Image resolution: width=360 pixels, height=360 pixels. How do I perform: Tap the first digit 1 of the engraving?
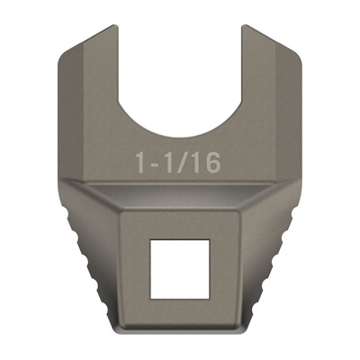(x=141, y=163)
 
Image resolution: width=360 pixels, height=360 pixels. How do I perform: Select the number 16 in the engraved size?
(x=208, y=163)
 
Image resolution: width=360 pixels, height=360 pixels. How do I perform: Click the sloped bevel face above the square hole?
(x=179, y=198)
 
